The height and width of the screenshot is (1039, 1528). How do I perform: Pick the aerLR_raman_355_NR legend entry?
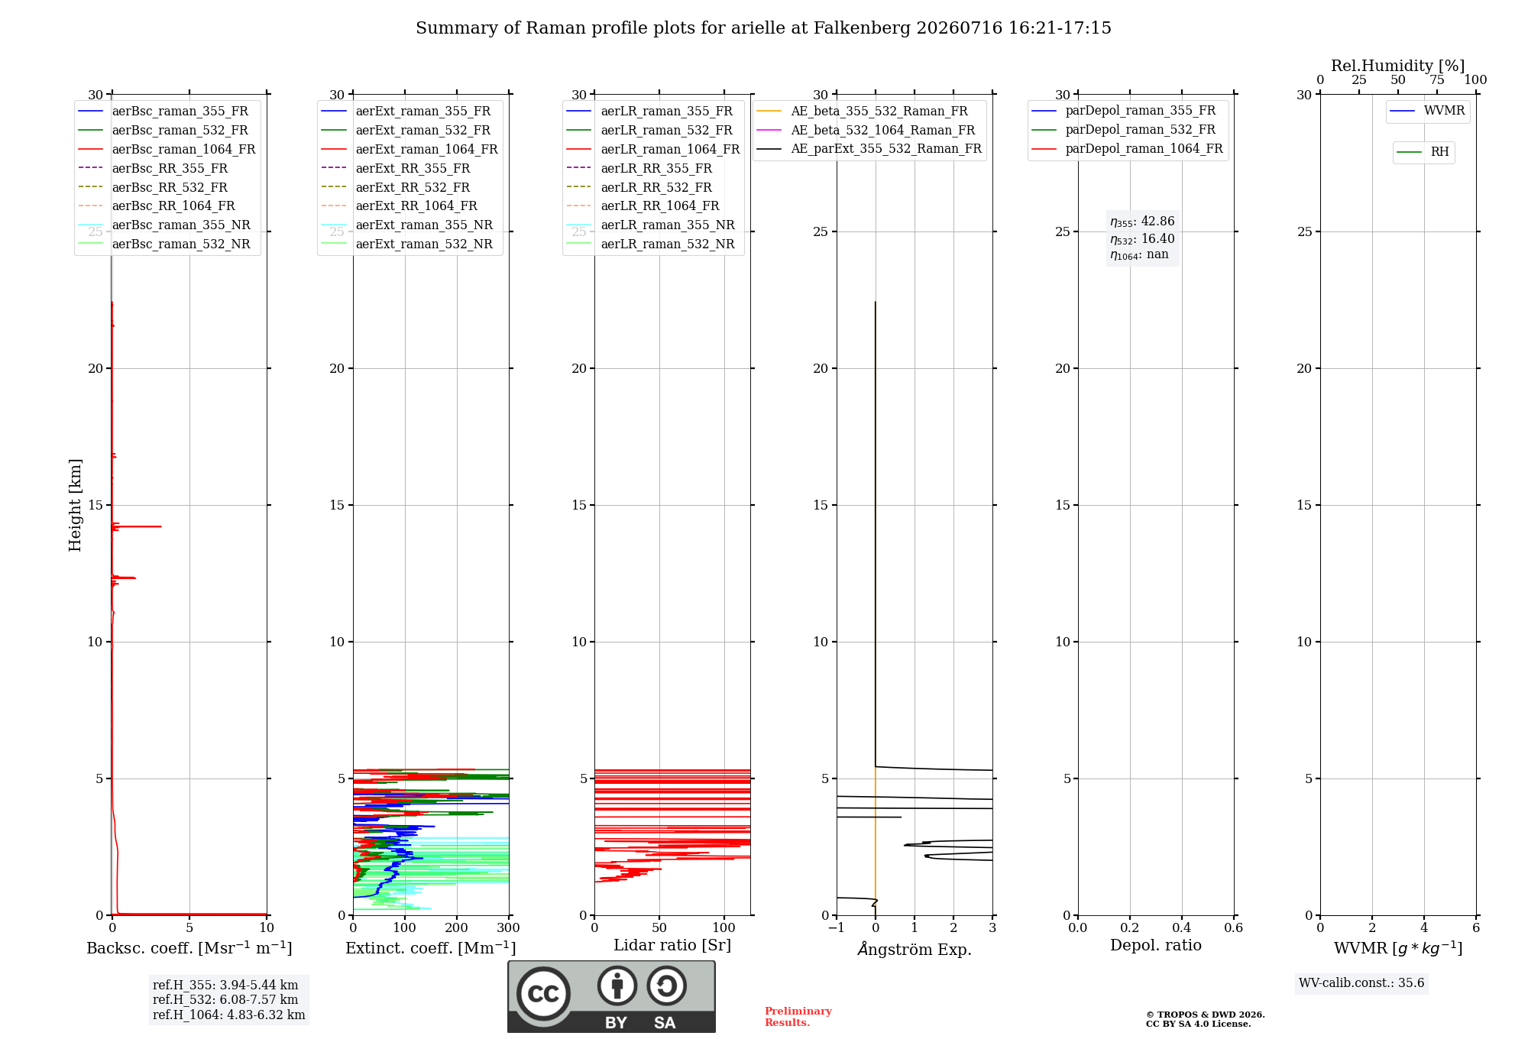(650, 225)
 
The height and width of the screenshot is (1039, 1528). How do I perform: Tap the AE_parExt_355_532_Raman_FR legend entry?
(869, 148)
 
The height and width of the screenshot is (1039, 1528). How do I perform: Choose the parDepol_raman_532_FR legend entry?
(1123, 130)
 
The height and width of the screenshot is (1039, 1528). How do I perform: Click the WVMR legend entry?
(1427, 111)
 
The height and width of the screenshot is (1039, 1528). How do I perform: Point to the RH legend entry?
(1423, 152)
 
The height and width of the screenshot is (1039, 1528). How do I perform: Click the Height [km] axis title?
(75, 505)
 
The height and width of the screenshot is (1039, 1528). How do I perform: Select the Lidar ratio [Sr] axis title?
(672, 946)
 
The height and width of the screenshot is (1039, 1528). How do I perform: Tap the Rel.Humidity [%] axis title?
(1398, 66)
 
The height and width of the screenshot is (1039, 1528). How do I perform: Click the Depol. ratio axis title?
(1156, 946)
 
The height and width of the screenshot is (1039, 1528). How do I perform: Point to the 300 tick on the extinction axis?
(509, 928)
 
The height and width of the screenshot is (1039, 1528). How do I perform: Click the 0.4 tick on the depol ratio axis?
(1182, 928)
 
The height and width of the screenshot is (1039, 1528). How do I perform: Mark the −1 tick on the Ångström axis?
(837, 928)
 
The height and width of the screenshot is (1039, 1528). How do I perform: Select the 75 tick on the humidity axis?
(1437, 80)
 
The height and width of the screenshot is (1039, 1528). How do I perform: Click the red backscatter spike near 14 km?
(137, 526)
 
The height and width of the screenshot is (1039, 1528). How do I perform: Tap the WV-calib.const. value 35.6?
(1411, 983)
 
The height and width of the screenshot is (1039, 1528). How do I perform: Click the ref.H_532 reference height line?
(225, 999)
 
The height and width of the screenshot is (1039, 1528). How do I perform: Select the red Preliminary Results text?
(798, 1017)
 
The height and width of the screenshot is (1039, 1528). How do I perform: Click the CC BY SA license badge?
(611, 996)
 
